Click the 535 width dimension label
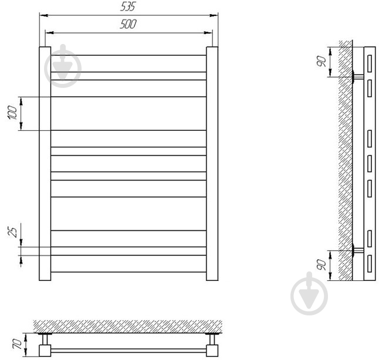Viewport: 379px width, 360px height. point(128,6)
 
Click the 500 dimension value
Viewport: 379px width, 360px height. point(128,24)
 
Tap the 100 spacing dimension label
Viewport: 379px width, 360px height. point(13,113)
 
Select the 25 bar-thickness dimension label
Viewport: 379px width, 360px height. point(13,232)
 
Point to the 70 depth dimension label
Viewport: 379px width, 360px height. point(17,344)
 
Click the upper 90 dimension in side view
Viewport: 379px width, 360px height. point(322,61)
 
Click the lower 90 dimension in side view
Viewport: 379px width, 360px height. point(322,265)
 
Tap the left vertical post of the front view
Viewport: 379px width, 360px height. point(45,164)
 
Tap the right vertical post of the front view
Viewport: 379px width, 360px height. point(212,164)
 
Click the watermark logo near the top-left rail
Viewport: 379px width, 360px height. point(63,66)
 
